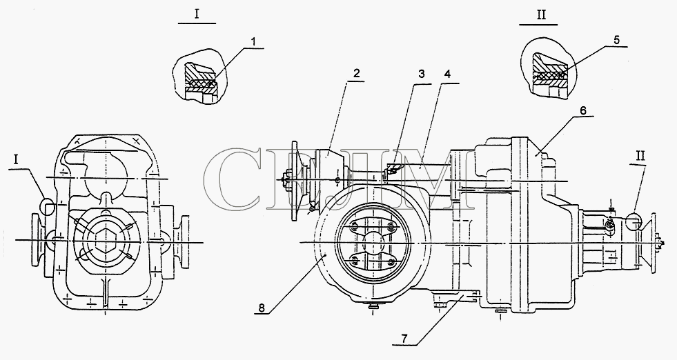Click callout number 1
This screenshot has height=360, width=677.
pyautogui.click(x=254, y=42)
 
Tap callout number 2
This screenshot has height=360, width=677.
pyautogui.click(x=356, y=73)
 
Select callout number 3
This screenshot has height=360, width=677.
pyautogui.click(x=422, y=74)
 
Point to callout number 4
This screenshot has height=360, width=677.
pyautogui.click(x=447, y=74)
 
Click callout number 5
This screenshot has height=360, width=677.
pyautogui.click(x=616, y=40)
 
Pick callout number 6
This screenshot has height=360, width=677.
pyautogui.click(x=583, y=110)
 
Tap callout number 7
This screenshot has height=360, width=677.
pyautogui.click(x=404, y=339)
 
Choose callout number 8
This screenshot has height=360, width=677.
pyautogui.click(x=262, y=308)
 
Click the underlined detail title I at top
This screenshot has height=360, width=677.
pyautogui.click(x=197, y=14)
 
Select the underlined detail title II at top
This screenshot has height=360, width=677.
pyautogui.click(x=541, y=14)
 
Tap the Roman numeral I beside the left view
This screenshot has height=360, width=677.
pyautogui.click(x=16, y=160)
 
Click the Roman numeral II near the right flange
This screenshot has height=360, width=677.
pyautogui.click(x=640, y=156)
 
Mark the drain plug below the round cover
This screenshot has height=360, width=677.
pyautogui.click(x=372, y=306)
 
